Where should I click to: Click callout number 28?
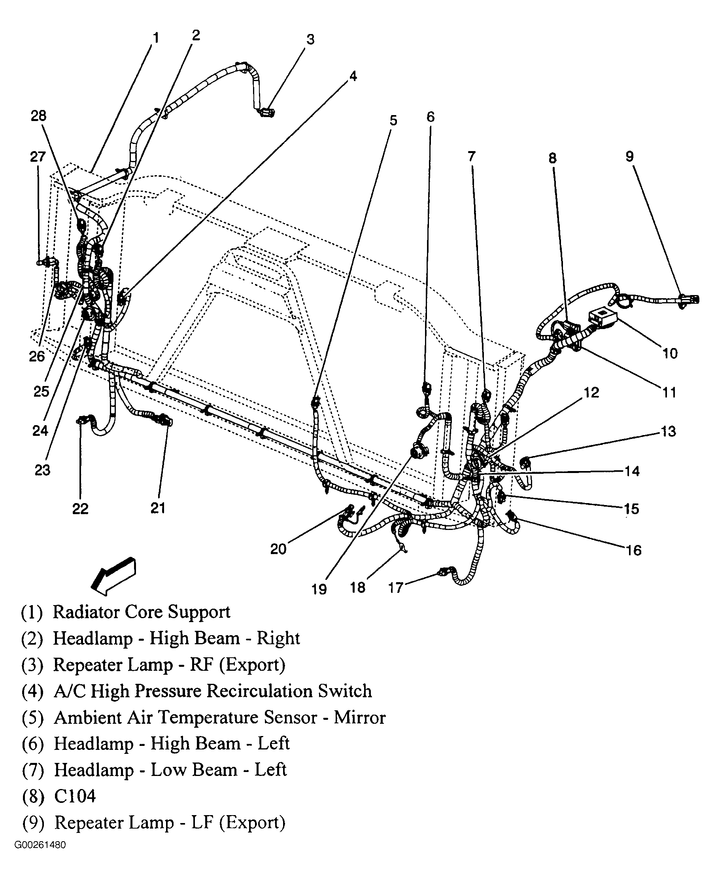[39, 116]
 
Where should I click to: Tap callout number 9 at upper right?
[630, 156]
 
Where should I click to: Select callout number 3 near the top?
[310, 40]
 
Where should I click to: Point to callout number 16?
[633, 550]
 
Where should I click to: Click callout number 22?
[80, 509]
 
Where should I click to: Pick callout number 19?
[319, 589]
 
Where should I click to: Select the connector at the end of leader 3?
[267, 112]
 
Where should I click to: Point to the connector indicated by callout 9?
[689, 299]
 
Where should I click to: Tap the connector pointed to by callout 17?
[446, 571]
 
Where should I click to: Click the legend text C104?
[75, 796]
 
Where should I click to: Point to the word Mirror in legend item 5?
[359, 717]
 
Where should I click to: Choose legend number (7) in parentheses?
[33, 770]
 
